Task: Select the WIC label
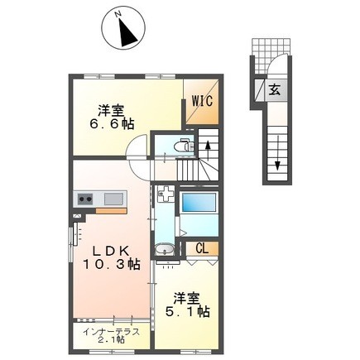click(203, 101)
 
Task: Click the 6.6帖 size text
click(112, 124)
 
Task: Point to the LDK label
click(111, 251)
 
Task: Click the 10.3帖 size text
click(112, 265)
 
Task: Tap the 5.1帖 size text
click(187, 312)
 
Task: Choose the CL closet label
click(202, 249)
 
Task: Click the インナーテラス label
click(112, 332)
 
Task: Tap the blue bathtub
click(198, 202)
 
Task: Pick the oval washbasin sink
click(165, 249)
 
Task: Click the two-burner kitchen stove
click(85, 199)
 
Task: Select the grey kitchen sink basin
click(113, 199)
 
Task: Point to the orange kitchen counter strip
click(111, 211)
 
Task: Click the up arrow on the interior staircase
click(208, 150)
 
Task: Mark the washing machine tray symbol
click(166, 194)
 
